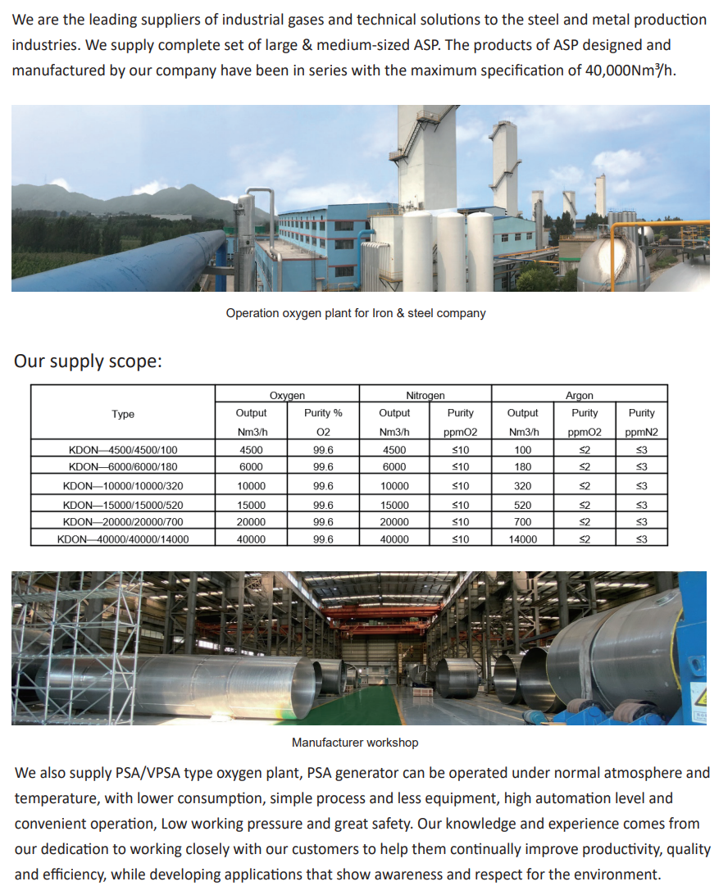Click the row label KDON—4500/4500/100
pos(123,450)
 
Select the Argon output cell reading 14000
pos(522,539)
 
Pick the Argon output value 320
pos(522,486)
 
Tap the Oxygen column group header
pos(287,396)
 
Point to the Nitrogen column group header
pos(425,396)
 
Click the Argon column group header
pos(579,396)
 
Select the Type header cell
pos(123,415)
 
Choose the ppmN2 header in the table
pos(641,432)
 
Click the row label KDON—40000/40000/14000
pos(123,539)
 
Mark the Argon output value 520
pos(522,506)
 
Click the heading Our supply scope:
pos(88,361)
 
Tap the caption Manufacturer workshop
pos(355,743)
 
